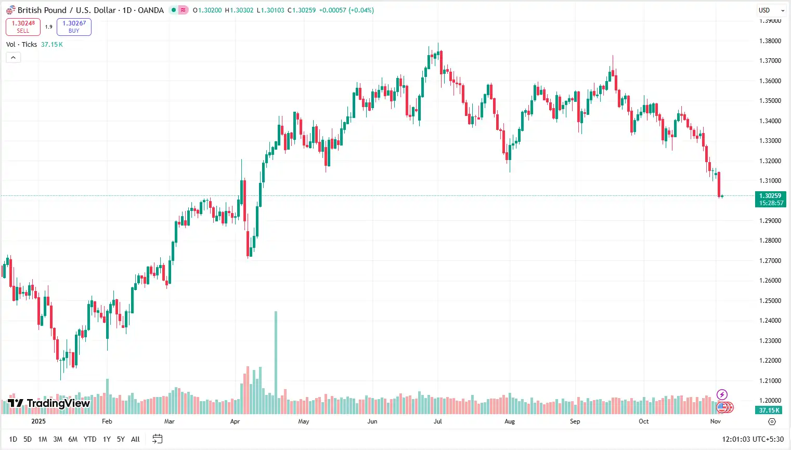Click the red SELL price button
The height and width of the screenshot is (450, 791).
[23, 27]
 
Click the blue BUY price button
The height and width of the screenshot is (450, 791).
[74, 27]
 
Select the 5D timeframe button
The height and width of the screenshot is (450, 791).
[28, 439]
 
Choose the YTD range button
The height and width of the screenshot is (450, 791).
[90, 439]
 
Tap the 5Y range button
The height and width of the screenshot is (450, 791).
[121, 439]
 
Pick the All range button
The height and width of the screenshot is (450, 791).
[135, 439]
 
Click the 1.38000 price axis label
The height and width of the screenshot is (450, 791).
[770, 41]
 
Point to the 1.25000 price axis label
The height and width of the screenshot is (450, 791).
[770, 301]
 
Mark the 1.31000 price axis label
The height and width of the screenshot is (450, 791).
[770, 181]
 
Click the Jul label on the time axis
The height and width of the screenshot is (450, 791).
[438, 421]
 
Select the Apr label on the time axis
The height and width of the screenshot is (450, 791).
[235, 421]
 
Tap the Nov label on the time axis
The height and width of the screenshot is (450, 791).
[716, 421]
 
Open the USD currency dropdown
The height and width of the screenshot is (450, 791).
[771, 10]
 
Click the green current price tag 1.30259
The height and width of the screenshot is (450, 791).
[770, 199]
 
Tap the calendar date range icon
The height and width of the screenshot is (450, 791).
[158, 439]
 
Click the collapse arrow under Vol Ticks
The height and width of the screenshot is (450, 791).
[14, 57]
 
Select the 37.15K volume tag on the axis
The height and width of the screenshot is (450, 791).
[769, 411]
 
